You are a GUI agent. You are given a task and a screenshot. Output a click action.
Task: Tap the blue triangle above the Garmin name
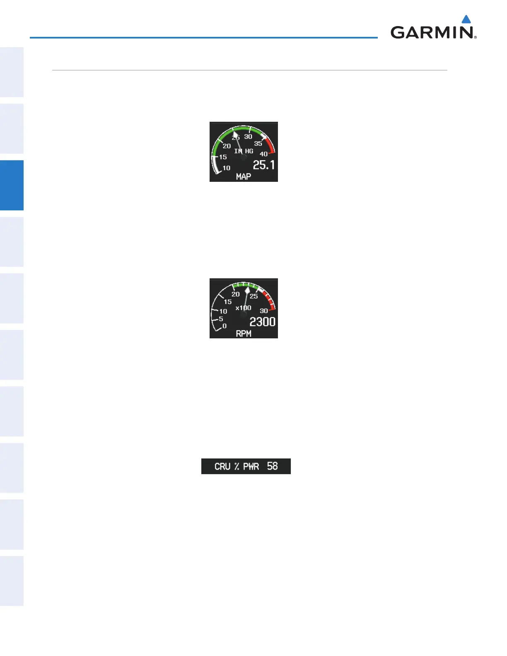[x=466, y=19]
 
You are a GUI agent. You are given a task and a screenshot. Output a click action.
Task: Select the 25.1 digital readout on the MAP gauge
[x=264, y=165]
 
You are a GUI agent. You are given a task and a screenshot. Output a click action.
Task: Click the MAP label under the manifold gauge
[x=244, y=177]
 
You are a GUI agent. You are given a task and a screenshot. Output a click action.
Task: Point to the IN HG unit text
[x=244, y=151]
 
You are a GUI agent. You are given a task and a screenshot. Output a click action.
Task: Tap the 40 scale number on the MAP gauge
[x=263, y=154]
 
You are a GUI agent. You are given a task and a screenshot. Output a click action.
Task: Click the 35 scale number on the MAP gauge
[x=258, y=143]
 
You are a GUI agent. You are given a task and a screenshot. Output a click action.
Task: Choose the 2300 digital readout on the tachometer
[x=262, y=322]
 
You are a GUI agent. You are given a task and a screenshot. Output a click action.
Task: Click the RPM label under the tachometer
[x=244, y=334]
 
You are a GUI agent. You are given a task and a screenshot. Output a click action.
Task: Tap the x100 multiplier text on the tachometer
[x=244, y=308]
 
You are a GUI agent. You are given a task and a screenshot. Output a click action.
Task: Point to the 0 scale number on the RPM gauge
[x=225, y=326]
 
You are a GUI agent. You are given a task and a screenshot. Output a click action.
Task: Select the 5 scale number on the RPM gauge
[x=221, y=319]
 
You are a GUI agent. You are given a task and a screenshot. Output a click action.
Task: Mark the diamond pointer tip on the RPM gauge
[x=247, y=290]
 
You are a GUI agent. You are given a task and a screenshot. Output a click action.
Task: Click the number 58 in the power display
[x=272, y=466]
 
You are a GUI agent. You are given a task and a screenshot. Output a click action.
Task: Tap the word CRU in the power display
[x=222, y=466]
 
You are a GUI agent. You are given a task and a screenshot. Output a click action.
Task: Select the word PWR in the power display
[x=251, y=466]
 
